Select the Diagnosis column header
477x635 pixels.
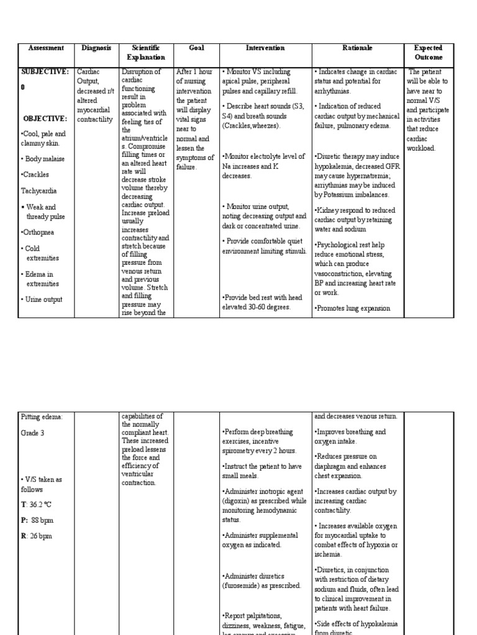(96, 48)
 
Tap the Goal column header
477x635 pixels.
(196, 48)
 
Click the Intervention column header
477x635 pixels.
(265, 48)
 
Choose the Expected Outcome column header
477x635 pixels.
(429, 52)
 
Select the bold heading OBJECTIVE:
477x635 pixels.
(45, 118)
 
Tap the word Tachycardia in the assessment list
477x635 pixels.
(39, 191)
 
